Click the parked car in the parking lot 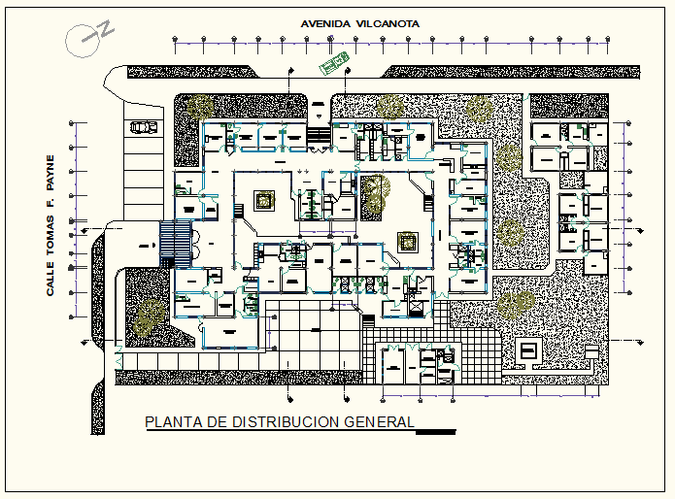point(143,126)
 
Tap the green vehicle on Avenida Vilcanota point(335,63)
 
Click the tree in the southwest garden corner point(150,315)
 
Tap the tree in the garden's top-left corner point(203,107)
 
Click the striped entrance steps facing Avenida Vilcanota point(318,137)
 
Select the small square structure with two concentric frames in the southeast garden point(529,350)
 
